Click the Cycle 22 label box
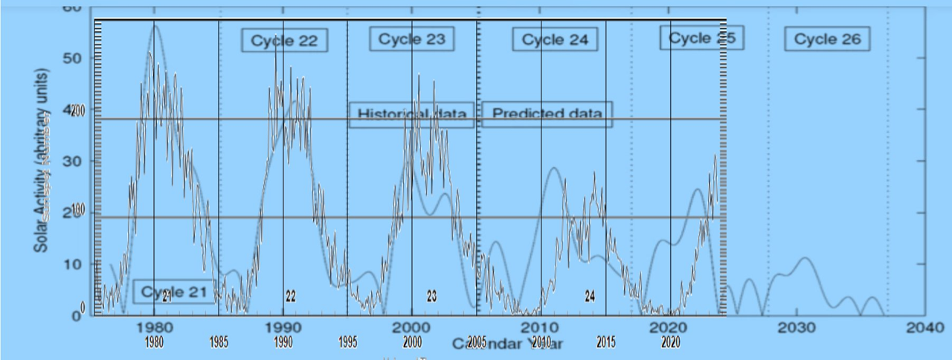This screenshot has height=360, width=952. coord(284,41)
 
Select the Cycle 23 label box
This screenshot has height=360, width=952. coord(411,39)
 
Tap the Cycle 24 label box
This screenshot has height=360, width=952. coord(555,40)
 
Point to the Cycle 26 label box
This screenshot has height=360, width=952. coord(827,39)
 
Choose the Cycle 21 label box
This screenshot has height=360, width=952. coord(174,292)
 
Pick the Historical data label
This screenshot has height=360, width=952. coord(411,115)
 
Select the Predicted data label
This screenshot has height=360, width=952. coord(547,113)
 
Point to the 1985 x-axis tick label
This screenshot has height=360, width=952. coord(219,343)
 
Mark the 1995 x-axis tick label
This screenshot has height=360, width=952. coord(347,343)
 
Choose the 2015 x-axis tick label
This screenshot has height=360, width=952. coord(605,343)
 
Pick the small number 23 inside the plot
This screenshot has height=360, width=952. coord(431,296)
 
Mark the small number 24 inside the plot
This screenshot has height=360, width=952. coord(590,296)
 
